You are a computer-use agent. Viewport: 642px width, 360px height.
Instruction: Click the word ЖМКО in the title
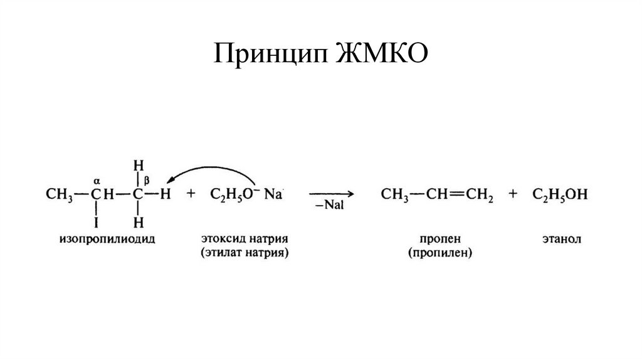tap(382, 55)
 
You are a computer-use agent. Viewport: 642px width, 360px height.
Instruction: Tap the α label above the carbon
tap(97, 178)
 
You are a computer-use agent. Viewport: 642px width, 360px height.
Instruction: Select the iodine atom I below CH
tap(97, 222)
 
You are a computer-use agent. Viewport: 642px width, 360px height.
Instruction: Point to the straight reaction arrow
tap(330, 194)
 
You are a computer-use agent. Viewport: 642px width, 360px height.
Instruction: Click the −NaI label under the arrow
tap(330, 206)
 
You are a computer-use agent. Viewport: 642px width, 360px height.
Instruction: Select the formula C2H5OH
tap(560, 195)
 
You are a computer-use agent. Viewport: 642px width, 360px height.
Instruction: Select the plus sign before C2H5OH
tap(513, 195)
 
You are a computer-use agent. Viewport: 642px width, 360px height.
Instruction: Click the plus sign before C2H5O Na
tap(191, 194)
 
